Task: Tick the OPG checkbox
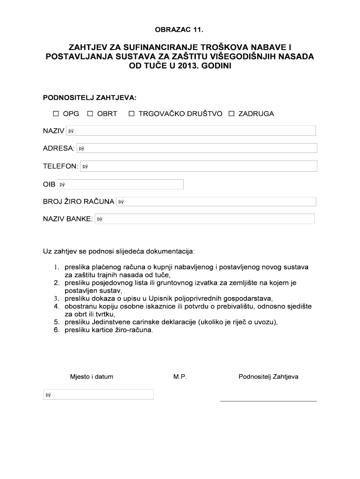coord(56,114)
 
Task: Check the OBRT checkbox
coord(90,114)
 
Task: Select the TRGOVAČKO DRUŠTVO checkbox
coord(132,114)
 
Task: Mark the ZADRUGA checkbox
coord(231,114)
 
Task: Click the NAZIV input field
coord(191,131)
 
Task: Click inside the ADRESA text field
coord(197,148)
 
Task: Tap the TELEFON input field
coord(199,166)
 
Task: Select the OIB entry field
coord(120,184)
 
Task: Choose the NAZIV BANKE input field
coord(204,219)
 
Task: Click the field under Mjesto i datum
coord(99,395)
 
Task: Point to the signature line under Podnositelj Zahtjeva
coord(268,400)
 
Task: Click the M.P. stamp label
coord(180,377)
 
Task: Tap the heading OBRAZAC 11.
coord(180,30)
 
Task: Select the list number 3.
coord(56,298)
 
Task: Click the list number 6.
coord(56,330)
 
